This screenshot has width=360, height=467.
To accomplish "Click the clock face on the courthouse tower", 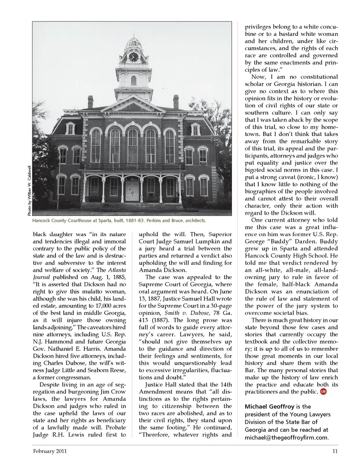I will click(x=133, y=57).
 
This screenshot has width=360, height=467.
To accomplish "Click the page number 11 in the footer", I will click(x=335, y=451).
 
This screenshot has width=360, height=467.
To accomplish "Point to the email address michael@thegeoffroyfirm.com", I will click(x=286, y=437).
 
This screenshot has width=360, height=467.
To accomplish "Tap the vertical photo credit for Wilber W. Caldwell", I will click(x=29, y=190).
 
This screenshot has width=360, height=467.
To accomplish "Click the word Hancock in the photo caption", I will click(x=41, y=221).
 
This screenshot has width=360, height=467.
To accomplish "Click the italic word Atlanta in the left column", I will click(x=116, y=270).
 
